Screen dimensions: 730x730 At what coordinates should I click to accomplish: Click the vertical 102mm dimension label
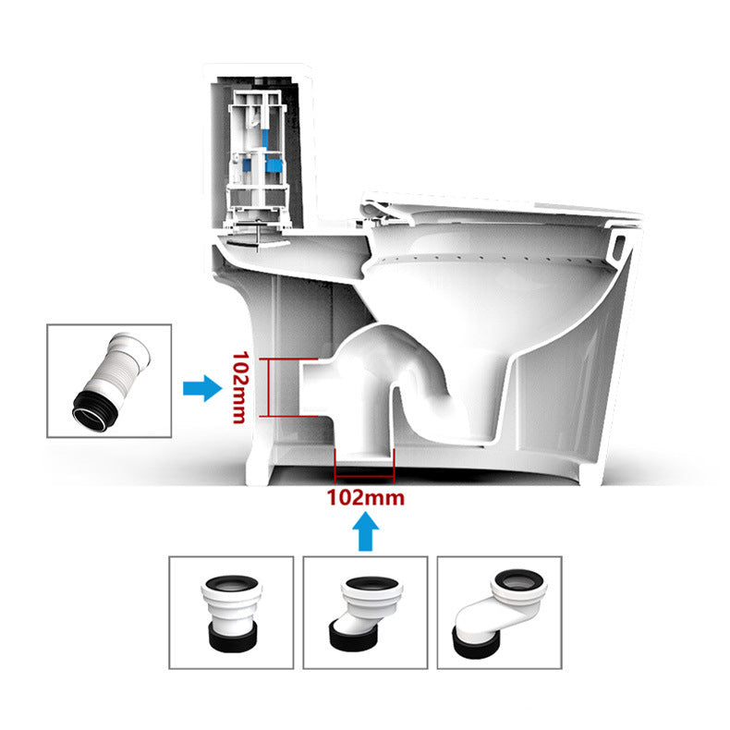click(241, 386)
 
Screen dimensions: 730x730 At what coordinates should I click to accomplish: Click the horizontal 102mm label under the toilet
click(365, 497)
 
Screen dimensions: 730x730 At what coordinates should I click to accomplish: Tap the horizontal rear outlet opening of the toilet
click(314, 386)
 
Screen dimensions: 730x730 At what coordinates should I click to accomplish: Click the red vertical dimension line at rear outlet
click(268, 386)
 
